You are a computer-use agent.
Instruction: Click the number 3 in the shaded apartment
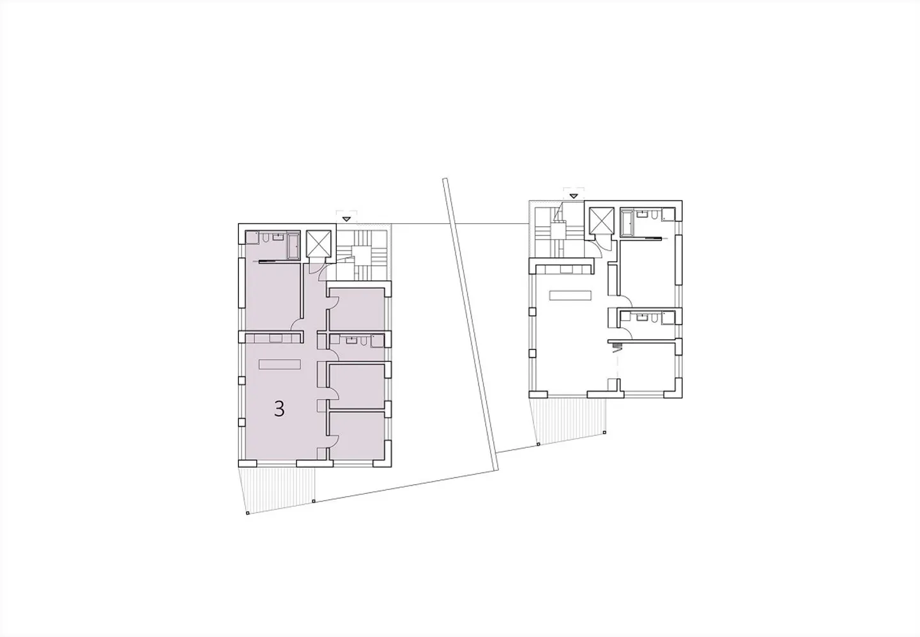coord(279,409)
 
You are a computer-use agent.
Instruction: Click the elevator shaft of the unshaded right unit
coord(601,220)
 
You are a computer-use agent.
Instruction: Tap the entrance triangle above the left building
coord(347,219)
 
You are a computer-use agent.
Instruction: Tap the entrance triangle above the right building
coord(574,196)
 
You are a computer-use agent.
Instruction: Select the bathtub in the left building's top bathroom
coord(293,246)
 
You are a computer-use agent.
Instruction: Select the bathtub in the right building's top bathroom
coord(627,223)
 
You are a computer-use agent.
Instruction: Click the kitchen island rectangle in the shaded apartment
coord(280,365)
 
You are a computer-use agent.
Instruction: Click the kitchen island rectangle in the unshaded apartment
coord(571,295)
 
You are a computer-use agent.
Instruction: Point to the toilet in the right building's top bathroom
coord(655,214)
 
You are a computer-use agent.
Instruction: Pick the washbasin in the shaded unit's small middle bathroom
coord(351,340)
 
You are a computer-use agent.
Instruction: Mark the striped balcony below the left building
coord(279,488)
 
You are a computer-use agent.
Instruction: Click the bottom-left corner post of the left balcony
coord(248,513)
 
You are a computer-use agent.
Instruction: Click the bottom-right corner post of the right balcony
coord(604,432)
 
